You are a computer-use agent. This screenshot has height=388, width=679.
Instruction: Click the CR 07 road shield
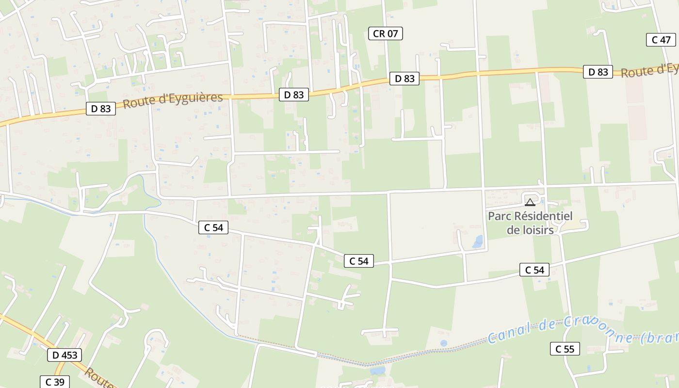pos(386,33)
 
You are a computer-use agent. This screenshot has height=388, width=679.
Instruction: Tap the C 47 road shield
pos(661,40)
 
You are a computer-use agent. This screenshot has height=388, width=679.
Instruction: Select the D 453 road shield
pos(65,355)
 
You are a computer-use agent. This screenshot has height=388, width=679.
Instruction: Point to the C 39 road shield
pos(55,382)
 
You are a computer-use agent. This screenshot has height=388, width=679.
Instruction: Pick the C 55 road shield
pos(565,349)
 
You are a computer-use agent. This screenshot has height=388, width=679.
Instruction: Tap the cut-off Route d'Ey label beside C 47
pos(649,71)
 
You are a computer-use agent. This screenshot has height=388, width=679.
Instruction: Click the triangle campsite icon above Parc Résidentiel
pos(530,202)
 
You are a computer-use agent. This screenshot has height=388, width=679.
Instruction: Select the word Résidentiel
pos(543,216)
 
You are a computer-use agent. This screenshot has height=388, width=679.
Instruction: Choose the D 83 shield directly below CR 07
pos(404,79)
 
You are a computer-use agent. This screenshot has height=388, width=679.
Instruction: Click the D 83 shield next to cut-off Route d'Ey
pos(598,72)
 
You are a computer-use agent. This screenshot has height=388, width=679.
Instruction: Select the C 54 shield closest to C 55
pos(534,270)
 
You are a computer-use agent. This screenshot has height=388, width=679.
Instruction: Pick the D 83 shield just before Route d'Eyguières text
pos(101,109)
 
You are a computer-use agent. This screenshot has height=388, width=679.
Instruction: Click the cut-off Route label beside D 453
pos(99,378)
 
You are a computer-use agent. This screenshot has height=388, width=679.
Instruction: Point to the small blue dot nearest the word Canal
pos(444,343)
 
